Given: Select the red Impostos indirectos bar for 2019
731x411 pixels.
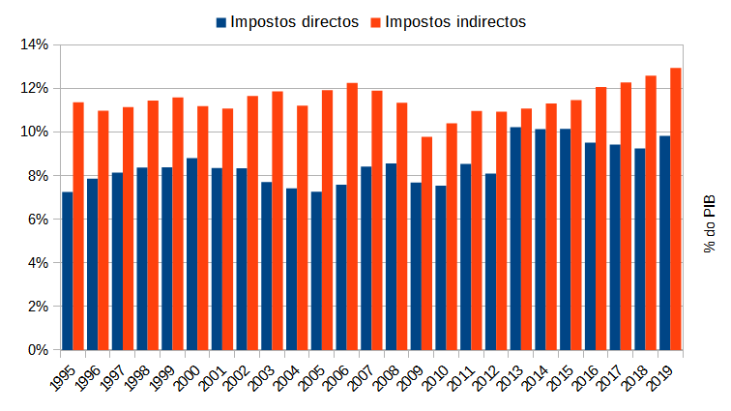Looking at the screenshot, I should pyautogui.click(x=676, y=208).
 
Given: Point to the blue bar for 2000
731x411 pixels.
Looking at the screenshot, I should pyautogui.click(x=191, y=253).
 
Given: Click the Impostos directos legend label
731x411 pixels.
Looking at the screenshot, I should pyautogui.click(x=294, y=21).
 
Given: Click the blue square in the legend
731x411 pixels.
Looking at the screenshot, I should pyautogui.click(x=221, y=21).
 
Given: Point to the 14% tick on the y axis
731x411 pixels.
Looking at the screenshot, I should pyautogui.click(x=34, y=44).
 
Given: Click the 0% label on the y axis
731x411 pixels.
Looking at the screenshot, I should pyautogui.click(x=37, y=350).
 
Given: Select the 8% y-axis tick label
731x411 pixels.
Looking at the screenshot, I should pyautogui.click(x=37, y=175).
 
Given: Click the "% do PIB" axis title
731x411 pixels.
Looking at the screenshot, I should pyautogui.click(x=709, y=223).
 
